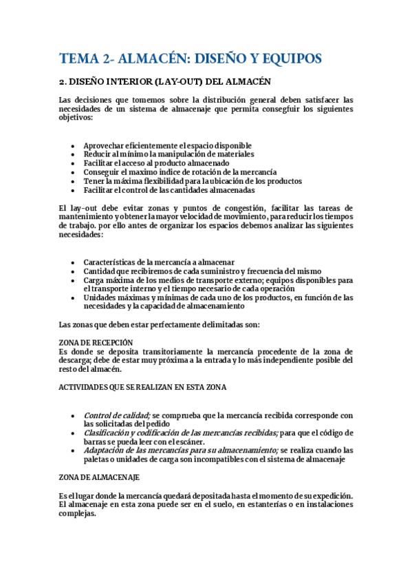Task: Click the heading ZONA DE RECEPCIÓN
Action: pos(96,342)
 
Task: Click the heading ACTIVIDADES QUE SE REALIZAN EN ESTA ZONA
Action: pos(143,387)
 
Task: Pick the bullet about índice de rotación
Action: pos(180,172)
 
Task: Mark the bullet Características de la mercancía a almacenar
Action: pos(159,262)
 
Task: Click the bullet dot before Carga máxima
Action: pos(73,280)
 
